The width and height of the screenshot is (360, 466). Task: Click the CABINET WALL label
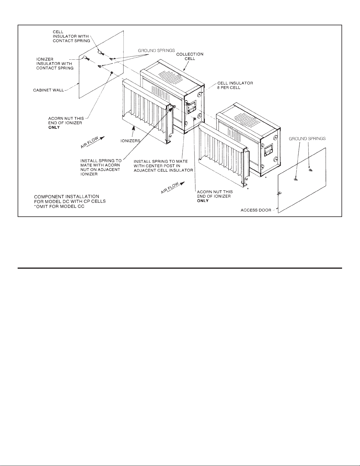click(x=48, y=90)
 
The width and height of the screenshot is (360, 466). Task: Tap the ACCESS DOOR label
click(x=256, y=210)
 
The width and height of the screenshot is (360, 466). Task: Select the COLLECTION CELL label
click(x=190, y=56)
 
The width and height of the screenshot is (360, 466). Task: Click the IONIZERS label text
click(x=130, y=141)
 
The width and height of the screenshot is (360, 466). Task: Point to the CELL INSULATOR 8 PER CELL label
click(x=235, y=85)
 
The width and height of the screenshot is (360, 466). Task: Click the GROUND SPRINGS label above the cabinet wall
click(x=156, y=51)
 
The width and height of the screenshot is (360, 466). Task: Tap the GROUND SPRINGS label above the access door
click(x=307, y=139)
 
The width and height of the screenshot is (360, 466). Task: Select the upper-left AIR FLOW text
click(x=90, y=143)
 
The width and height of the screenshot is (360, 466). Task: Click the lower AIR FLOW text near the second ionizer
click(x=170, y=188)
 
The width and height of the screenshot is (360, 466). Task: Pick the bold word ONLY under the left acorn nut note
click(x=54, y=127)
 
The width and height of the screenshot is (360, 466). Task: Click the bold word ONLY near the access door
click(x=203, y=201)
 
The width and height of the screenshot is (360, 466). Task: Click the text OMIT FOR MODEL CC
click(x=61, y=206)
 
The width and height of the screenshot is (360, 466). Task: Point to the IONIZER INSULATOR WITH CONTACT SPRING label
click(x=55, y=64)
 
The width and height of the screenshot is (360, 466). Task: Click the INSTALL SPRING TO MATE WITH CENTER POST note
click(x=163, y=166)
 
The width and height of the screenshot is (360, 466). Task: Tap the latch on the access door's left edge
click(x=279, y=194)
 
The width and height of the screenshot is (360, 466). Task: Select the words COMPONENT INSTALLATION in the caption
click(x=67, y=197)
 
